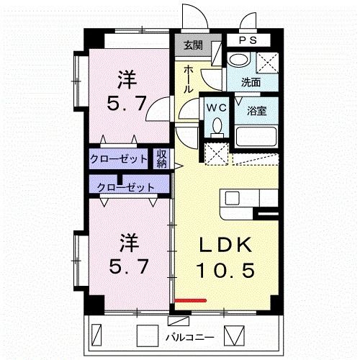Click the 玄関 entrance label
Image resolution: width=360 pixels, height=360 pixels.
point(192,45)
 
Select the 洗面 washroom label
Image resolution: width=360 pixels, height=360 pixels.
point(251,82)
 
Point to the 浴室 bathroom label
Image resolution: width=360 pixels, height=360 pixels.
point(257,111)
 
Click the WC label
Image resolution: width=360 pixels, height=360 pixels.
point(216,107)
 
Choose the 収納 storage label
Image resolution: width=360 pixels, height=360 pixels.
point(163,158)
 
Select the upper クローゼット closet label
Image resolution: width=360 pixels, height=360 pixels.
point(120,158)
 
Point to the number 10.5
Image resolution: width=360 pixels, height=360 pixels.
point(225,271)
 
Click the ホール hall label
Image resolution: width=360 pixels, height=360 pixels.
point(187,78)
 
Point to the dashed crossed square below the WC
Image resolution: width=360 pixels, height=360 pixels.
point(215,153)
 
